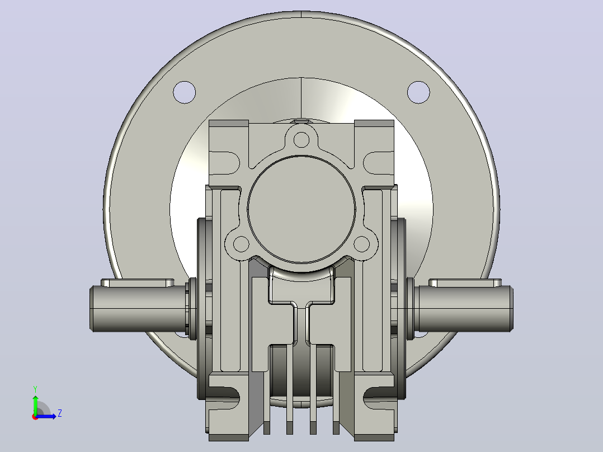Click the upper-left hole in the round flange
click(x=185, y=92)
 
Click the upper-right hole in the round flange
click(x=418, y=92)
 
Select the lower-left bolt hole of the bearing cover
click(x=242, y=244)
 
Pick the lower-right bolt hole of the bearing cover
click(x=361, y=244)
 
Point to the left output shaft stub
click(x=139, y=309)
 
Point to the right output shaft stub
click(x=464, y=309)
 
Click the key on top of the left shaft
click(x=137, y=282)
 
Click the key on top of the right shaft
click(x=465, y=282)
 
